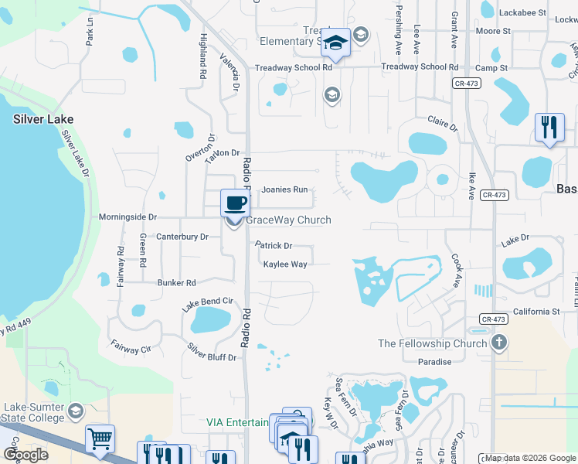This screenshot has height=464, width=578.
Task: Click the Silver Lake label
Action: click(x=43, y=119)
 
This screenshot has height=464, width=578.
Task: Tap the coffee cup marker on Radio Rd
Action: click(x=236, y=204)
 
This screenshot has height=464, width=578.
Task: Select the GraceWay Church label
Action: click(x=288, y=220)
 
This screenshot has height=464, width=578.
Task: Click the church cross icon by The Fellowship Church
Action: click(x=499, y=343)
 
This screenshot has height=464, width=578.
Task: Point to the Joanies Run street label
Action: click(x=284, y=189)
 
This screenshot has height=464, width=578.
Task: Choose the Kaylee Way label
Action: click(x=285, y=264)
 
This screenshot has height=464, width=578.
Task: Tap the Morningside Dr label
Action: click(x=127, y=217)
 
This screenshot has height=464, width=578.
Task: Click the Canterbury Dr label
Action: click(x=182, y=237)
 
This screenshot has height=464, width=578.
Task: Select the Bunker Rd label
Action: click(x=177, y=283)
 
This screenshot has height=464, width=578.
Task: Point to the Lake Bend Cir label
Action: click(x=207, y=301)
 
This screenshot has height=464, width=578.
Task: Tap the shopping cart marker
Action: click(x=100, y=439)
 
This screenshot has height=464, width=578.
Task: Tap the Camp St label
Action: click(x=491, y=68)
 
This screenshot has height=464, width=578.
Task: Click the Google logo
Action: click(x=25, y=454)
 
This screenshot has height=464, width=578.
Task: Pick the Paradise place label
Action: click(x=434, y=362)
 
